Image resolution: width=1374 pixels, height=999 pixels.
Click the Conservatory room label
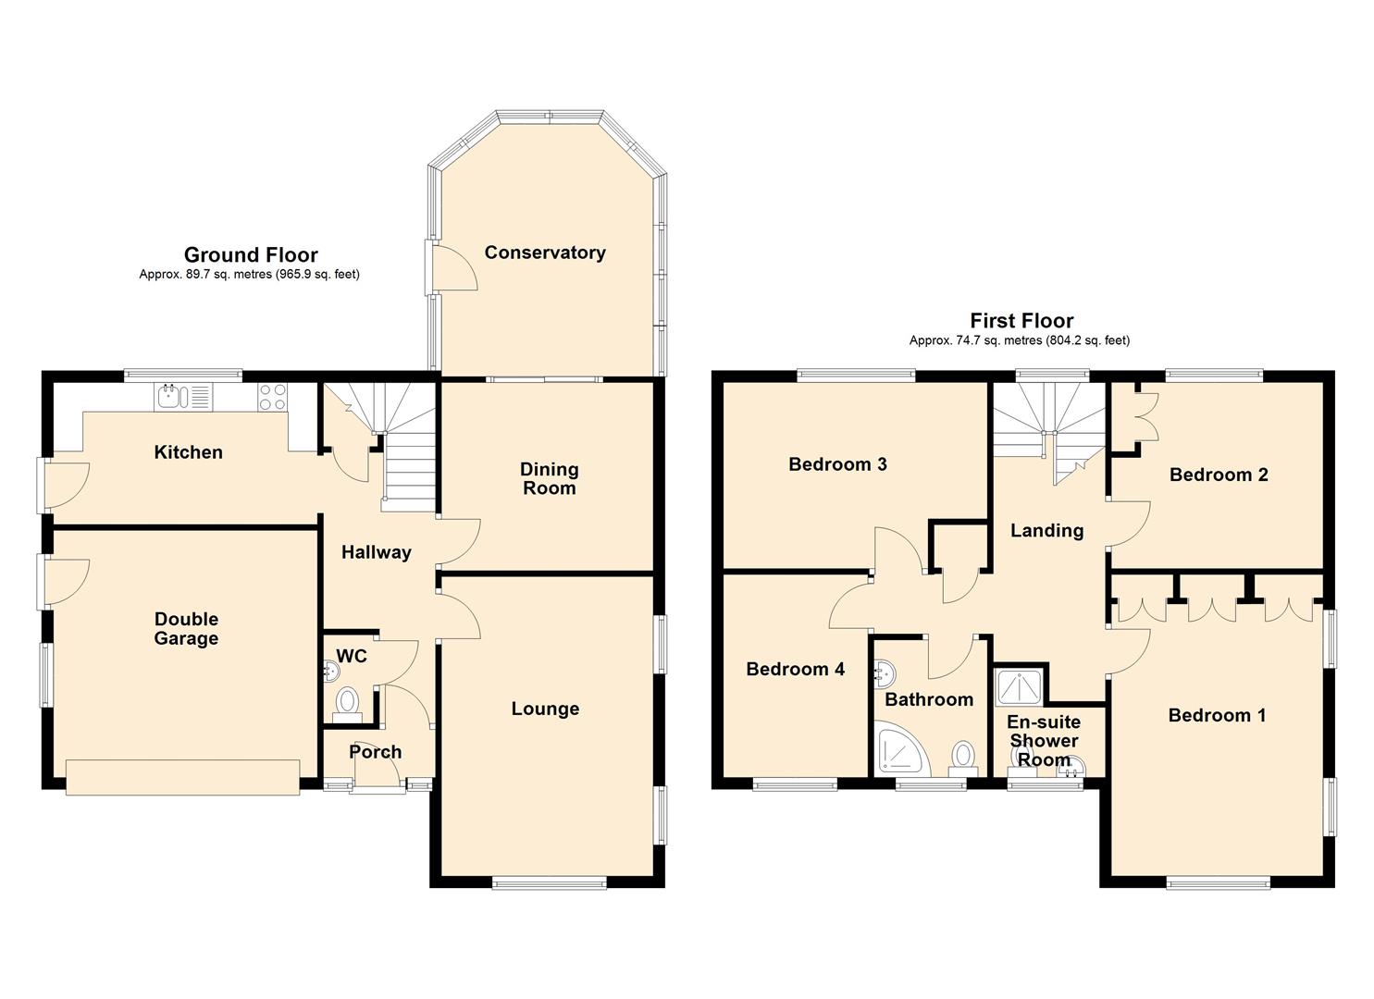(545, 252)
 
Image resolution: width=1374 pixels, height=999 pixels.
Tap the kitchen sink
(183, 397)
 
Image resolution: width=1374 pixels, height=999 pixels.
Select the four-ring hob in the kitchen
(272, 397)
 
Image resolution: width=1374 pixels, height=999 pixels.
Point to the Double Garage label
(186, 628)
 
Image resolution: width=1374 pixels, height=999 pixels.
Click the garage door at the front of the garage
(183, 778)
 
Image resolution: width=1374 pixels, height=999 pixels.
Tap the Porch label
(376, 752)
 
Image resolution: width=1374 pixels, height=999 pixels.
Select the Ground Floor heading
(251, 254)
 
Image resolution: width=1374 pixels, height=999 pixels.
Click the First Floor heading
(1021, 320)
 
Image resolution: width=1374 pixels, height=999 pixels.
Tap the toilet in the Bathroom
(963, 759)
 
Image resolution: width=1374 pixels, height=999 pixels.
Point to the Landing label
(1046, 530)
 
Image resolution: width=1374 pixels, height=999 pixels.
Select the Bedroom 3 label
(837, 464)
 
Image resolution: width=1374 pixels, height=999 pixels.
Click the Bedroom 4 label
(795, 669)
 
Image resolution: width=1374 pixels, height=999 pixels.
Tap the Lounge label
(545, 709)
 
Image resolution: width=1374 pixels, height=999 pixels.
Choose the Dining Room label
(549, 478)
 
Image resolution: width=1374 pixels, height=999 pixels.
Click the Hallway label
(376, 552)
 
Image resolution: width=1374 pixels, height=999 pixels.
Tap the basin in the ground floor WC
(330, 672)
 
